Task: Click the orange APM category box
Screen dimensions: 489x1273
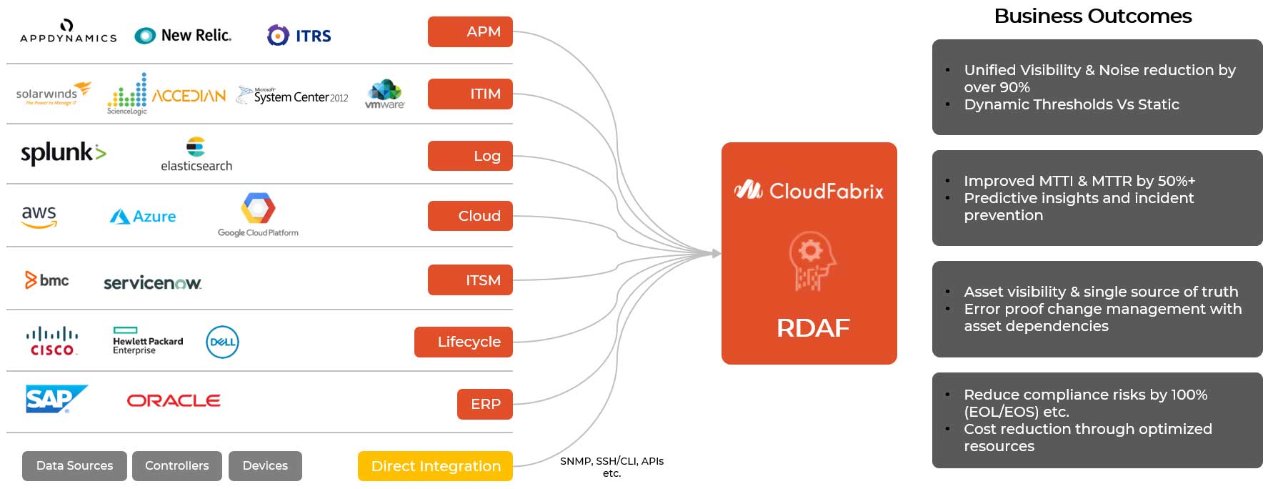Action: pyautogui.click(x=470, y=31)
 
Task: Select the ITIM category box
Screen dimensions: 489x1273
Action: pyautogui.click(x=470, y=94)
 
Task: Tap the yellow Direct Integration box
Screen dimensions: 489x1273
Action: pyautogui.click(x=435, y=466)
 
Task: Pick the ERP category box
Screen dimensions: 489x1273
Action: pyautogui.click(x=484, y=404)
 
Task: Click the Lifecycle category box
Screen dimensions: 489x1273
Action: pyautogui.click(x=463, y=342)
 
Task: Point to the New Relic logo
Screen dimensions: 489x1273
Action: pyautogui.click(x=183, y=35)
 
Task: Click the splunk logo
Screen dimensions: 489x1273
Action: pyautogui.click(x=63, y=153)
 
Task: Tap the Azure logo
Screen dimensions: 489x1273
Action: pyautogui.click(x=143, y=216)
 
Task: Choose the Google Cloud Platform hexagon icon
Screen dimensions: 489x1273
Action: pyautogui.click(x=258, y=208)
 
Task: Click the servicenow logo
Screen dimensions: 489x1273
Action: pyautogui.click(x=152, y=282)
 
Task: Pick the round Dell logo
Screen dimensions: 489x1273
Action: pyautogui.click(x=222, y=342)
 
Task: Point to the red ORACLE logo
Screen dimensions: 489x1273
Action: pyautogui.click(x=174, y=400)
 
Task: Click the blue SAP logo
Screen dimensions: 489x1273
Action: pyautogui.click(x=56, y=399)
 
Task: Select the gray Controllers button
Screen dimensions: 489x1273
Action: pyautogui.click(x=177, y=466)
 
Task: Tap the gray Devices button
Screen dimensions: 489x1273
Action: pyautogui.click(x=265, y=466)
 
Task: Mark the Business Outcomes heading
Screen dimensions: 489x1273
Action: pyautogui.click(x=1092, y=16)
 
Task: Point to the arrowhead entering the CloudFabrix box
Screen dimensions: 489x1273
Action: pyautogui.click(x=716, y=253)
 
